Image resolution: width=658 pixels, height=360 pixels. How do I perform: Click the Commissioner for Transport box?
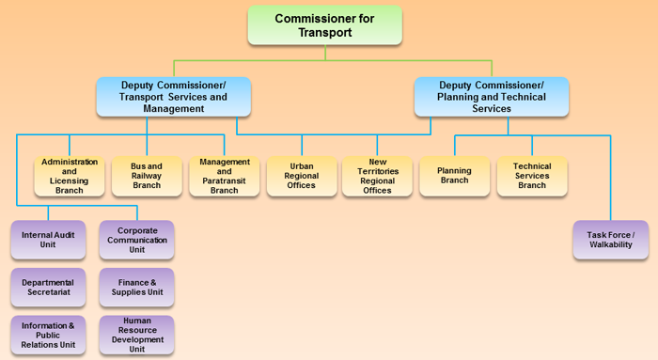point(325,25)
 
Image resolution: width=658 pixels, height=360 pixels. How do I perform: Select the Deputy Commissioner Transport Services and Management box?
point(174,97)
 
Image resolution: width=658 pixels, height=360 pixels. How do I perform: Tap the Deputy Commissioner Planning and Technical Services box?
point(492,97)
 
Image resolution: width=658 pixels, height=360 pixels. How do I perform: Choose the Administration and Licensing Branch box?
point(70,176)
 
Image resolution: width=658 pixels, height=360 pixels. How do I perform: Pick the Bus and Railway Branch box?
point(147,176)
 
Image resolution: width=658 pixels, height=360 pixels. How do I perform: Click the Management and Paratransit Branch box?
point(224,176)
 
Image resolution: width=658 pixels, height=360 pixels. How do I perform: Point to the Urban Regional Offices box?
point(301,176)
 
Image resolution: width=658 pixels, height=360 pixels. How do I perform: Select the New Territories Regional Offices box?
point(378,176)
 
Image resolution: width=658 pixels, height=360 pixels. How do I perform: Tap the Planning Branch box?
point(455,176)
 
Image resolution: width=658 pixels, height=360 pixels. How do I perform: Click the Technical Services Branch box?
point(532,176)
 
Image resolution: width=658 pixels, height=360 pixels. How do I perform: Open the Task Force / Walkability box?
point(610,240)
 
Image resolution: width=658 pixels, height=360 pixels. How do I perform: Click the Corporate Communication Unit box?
point(136,239)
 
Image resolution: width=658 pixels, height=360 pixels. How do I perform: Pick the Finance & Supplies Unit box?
point(136,287)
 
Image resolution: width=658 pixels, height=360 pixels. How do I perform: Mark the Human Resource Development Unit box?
point(136,336)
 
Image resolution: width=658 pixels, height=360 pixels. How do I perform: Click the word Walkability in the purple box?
point(610,246)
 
